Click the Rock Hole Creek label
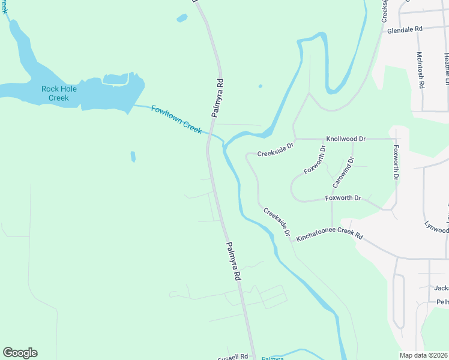(55, 94)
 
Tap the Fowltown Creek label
(176, 119)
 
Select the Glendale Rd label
(405, 29)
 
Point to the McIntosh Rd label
(420, 70)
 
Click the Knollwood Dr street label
(346, 139)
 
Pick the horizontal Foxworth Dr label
(343, 198)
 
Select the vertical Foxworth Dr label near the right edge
(395, 162)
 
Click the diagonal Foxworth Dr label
(315, 160)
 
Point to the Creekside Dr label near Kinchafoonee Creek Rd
(277, 221)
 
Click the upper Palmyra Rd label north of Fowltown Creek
(220, 96)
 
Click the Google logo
(20, 353)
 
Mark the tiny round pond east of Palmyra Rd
(260, 86)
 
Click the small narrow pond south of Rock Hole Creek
(133, 157)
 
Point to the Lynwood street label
(436, 229)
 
